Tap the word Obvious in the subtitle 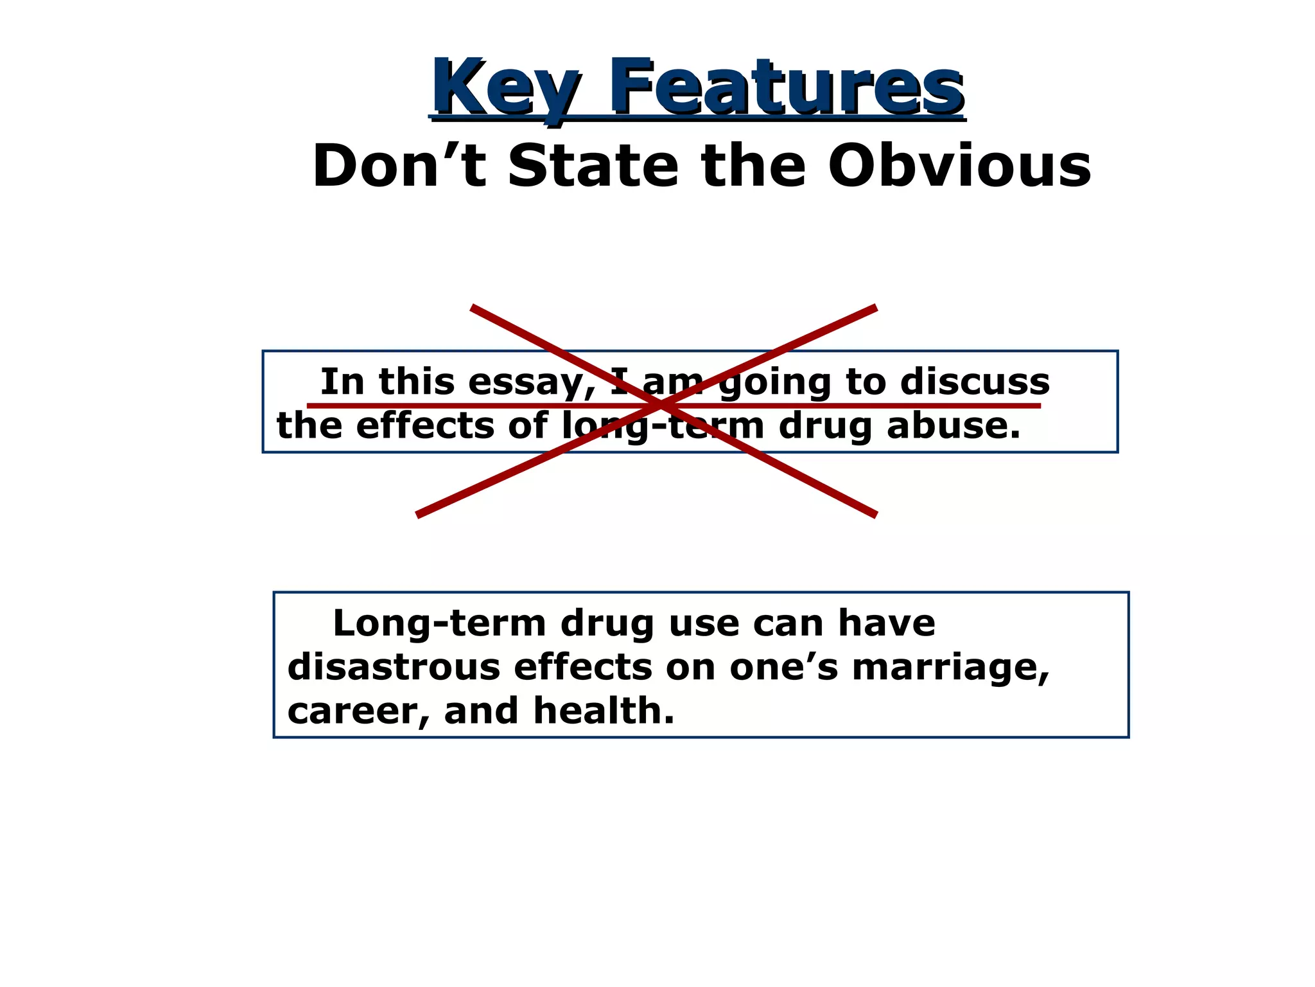[959, 166]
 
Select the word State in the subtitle [592, 166]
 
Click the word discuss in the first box [974, 382]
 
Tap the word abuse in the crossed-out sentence [953, 426]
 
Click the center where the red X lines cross [660, 405]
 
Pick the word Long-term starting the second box [439, 623]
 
